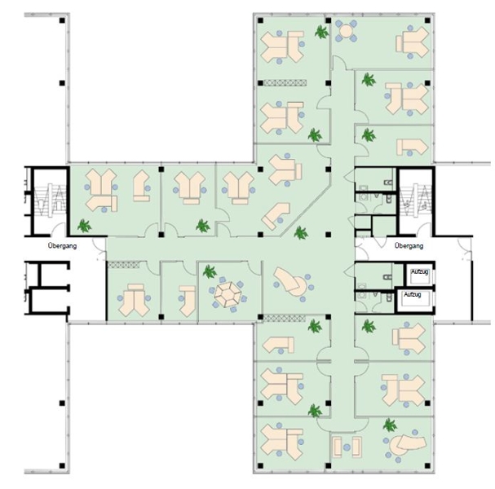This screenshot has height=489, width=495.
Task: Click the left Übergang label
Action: point(62,245)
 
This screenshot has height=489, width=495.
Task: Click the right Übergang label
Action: point(409,245)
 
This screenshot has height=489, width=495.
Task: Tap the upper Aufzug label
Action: point(419,271)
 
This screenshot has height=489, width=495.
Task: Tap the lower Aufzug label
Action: point(413,294)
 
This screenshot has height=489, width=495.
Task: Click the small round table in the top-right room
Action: point(346,31)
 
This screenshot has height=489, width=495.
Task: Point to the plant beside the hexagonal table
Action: point(210,271)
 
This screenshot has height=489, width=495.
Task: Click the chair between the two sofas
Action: point(347,447)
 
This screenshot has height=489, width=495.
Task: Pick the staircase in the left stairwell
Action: point(50,200)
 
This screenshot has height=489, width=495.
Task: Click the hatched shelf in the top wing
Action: point(285,83)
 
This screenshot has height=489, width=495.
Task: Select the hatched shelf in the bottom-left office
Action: point(123,265)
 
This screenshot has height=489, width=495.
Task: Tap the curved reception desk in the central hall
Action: point(289,282)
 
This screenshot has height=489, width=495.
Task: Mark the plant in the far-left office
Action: point(84,226)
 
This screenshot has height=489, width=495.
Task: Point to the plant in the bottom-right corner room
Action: point(390,425)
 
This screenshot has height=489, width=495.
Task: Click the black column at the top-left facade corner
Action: point(62,20)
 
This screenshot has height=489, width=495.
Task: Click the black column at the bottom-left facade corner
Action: point(62,465)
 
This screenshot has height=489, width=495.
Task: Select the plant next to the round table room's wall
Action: point(321,32)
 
